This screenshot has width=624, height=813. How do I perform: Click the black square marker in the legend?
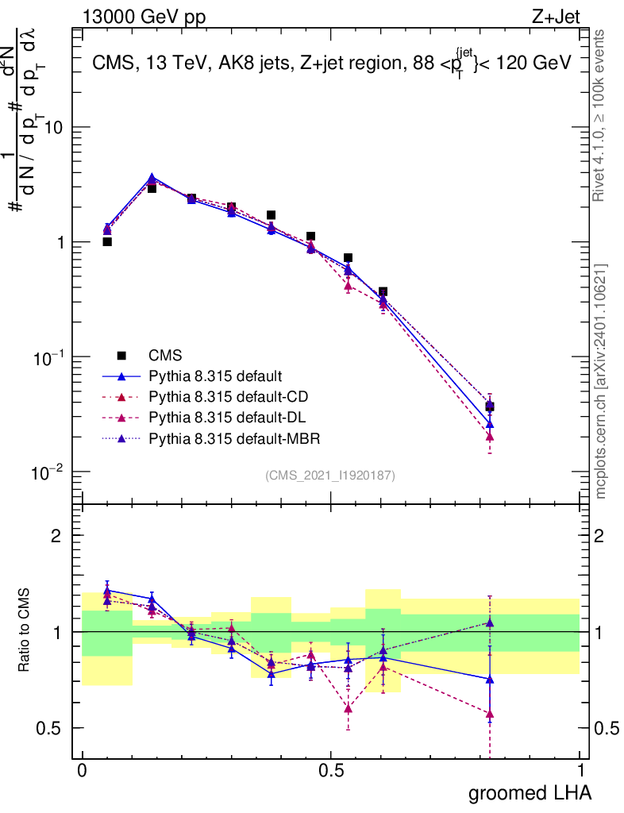[x=121, y=355]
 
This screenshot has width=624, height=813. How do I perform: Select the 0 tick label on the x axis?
[x=82, y=771]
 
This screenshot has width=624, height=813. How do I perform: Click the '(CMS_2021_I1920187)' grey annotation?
[x=330, y=476]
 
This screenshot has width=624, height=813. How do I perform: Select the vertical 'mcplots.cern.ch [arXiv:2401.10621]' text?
[x=602, y=381]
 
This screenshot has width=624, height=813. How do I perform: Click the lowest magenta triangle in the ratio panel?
[x=490, y=714]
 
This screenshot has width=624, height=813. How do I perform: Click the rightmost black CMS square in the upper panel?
[x=490, y=406]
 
